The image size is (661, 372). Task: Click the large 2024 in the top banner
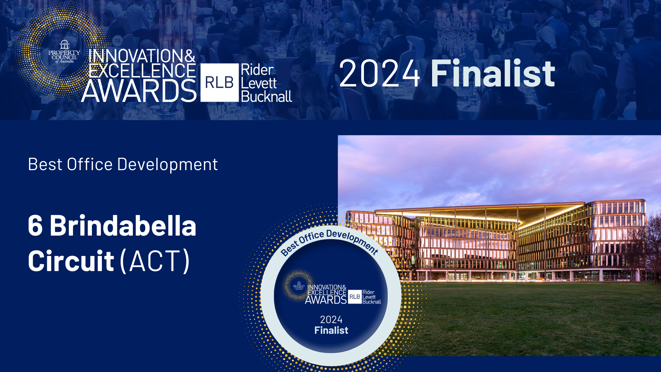(379, 73)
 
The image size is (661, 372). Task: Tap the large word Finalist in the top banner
(493, 73)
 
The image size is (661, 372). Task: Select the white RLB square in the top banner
(220, 83)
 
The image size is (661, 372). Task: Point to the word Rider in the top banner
(258, 70)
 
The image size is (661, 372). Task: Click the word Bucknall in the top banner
(266, 96)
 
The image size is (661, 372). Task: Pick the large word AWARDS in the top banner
(139, 91)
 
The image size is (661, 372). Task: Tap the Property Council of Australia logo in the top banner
(64, 52)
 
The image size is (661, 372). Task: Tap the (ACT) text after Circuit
(155, 261)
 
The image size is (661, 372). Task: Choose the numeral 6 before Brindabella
(35, 226)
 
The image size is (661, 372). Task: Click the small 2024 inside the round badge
(331, 320)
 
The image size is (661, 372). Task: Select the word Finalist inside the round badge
(331, 330)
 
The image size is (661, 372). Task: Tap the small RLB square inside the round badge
(355, 297)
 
